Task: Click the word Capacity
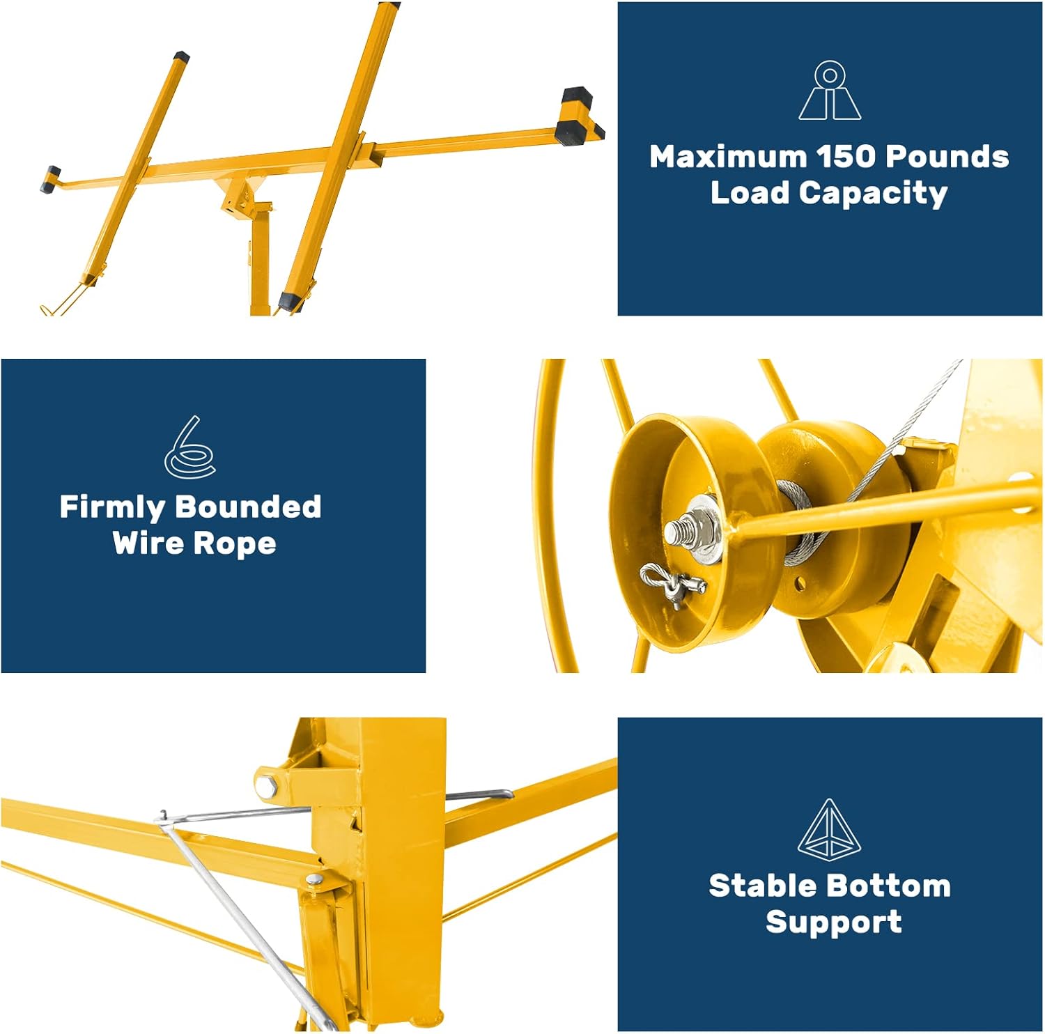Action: [873, 194]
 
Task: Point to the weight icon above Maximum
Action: [829, 91]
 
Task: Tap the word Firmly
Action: [111, 507]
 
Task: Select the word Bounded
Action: [247, 507]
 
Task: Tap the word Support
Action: [833, 922]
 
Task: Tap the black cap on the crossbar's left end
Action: [51, 179]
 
